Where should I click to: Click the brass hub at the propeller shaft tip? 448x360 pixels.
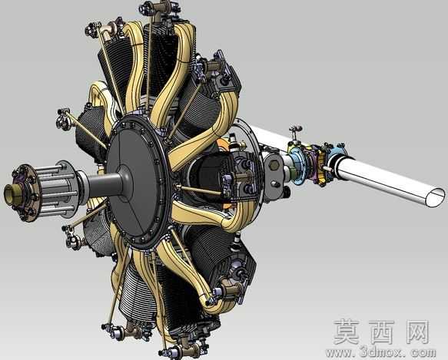point(11,193)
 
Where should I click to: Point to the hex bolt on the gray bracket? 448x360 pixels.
point(274,165)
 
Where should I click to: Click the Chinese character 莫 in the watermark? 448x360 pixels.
point(346,332)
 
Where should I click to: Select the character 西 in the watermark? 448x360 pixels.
point(382,332)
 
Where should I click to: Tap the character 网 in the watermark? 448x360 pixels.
point(416,332)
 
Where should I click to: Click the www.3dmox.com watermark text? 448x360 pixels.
point(380,352)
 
